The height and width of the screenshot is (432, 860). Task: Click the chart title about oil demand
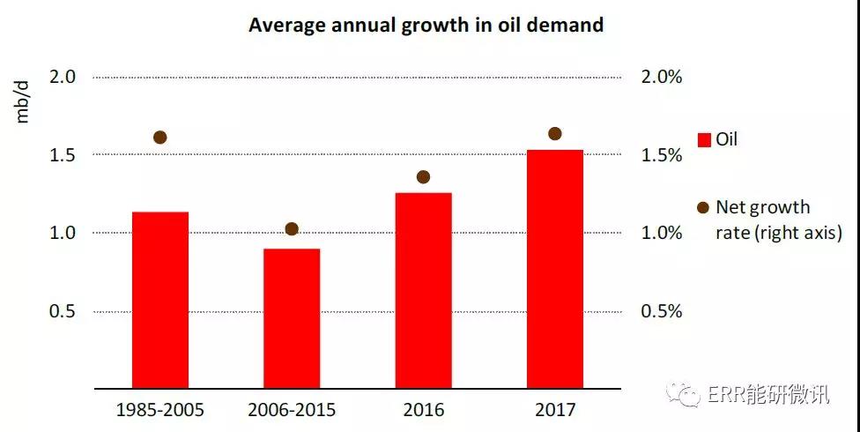426,25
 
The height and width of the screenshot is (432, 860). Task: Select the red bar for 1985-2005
159,300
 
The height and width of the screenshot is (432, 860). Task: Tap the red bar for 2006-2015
292,318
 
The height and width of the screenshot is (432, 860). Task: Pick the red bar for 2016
423,290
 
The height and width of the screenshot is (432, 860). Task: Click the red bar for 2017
554,269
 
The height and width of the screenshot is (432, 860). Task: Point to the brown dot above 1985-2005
159,138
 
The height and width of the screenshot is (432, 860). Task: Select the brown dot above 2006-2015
292,229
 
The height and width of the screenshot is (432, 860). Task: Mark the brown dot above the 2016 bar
423,177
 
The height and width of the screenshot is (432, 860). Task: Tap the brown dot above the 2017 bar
554,134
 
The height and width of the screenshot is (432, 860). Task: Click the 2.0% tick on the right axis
661,78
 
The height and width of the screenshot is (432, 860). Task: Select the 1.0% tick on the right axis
661,234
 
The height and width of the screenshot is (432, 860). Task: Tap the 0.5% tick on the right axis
661,312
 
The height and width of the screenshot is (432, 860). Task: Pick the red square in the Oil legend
704,140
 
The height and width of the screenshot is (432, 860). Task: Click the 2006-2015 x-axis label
292,411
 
